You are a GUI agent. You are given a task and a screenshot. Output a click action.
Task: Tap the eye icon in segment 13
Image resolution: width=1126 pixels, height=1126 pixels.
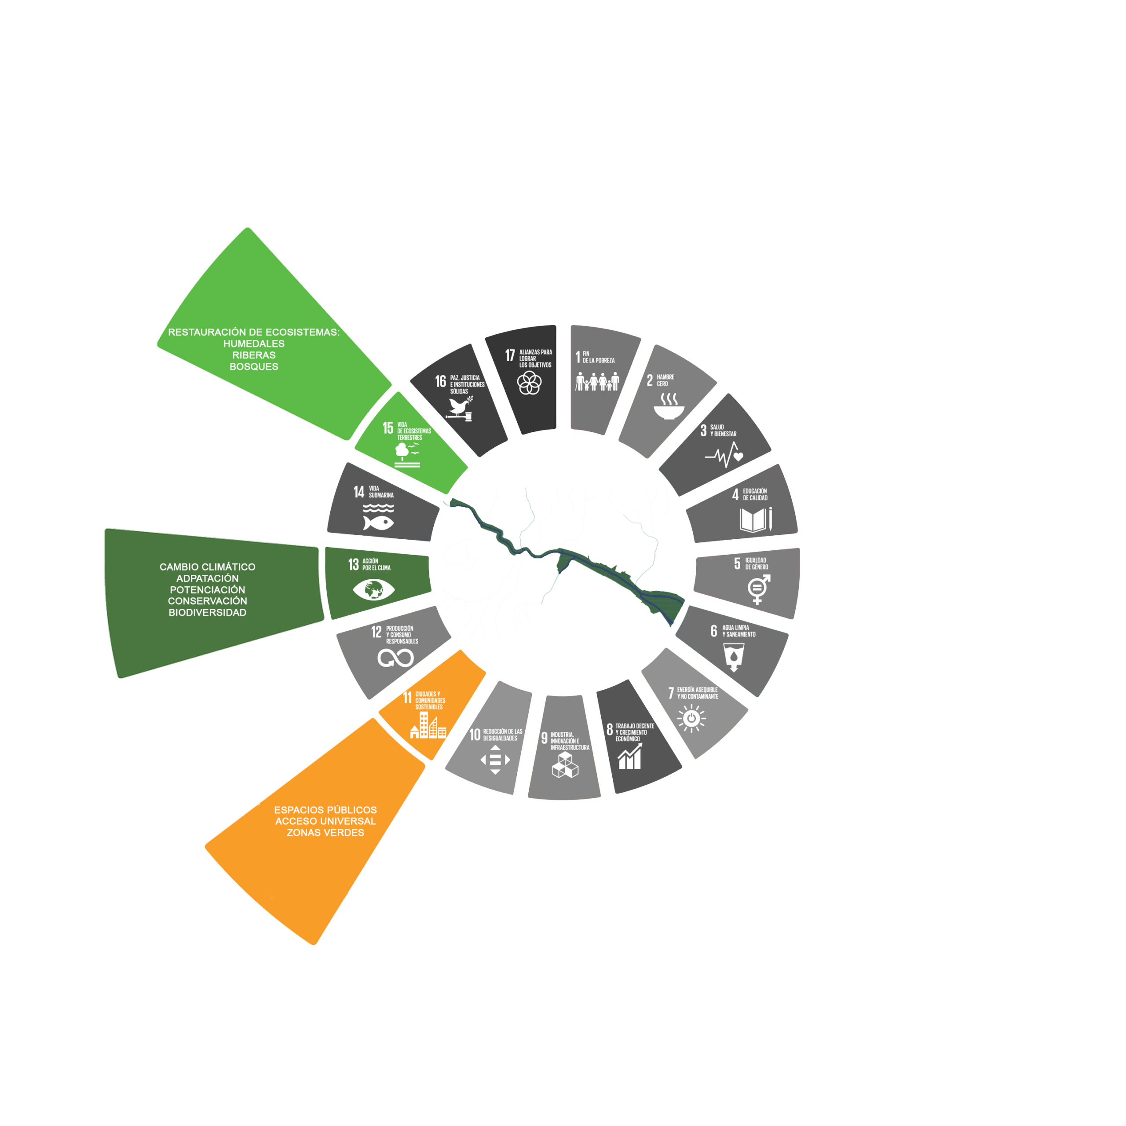373,590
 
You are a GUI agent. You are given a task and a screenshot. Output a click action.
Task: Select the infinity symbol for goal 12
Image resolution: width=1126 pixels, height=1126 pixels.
396,658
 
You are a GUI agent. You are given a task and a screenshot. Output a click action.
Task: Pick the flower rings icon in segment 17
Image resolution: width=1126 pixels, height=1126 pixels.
529,383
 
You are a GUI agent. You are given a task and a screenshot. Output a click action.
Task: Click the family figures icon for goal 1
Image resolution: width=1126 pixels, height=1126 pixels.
597,382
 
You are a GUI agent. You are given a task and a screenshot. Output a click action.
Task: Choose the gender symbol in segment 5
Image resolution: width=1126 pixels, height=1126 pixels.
759,590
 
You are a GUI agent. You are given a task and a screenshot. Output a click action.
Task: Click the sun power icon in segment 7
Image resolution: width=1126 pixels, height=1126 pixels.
691,718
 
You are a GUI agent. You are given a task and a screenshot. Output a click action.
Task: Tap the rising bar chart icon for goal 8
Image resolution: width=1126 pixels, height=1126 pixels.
630,756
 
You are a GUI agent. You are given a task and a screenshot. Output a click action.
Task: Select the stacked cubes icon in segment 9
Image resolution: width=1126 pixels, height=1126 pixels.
565,764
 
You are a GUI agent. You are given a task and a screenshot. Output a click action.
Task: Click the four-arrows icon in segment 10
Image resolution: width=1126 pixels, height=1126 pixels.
495,760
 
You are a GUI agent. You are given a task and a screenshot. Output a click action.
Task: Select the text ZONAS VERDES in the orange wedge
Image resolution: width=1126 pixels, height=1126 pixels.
325,833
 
